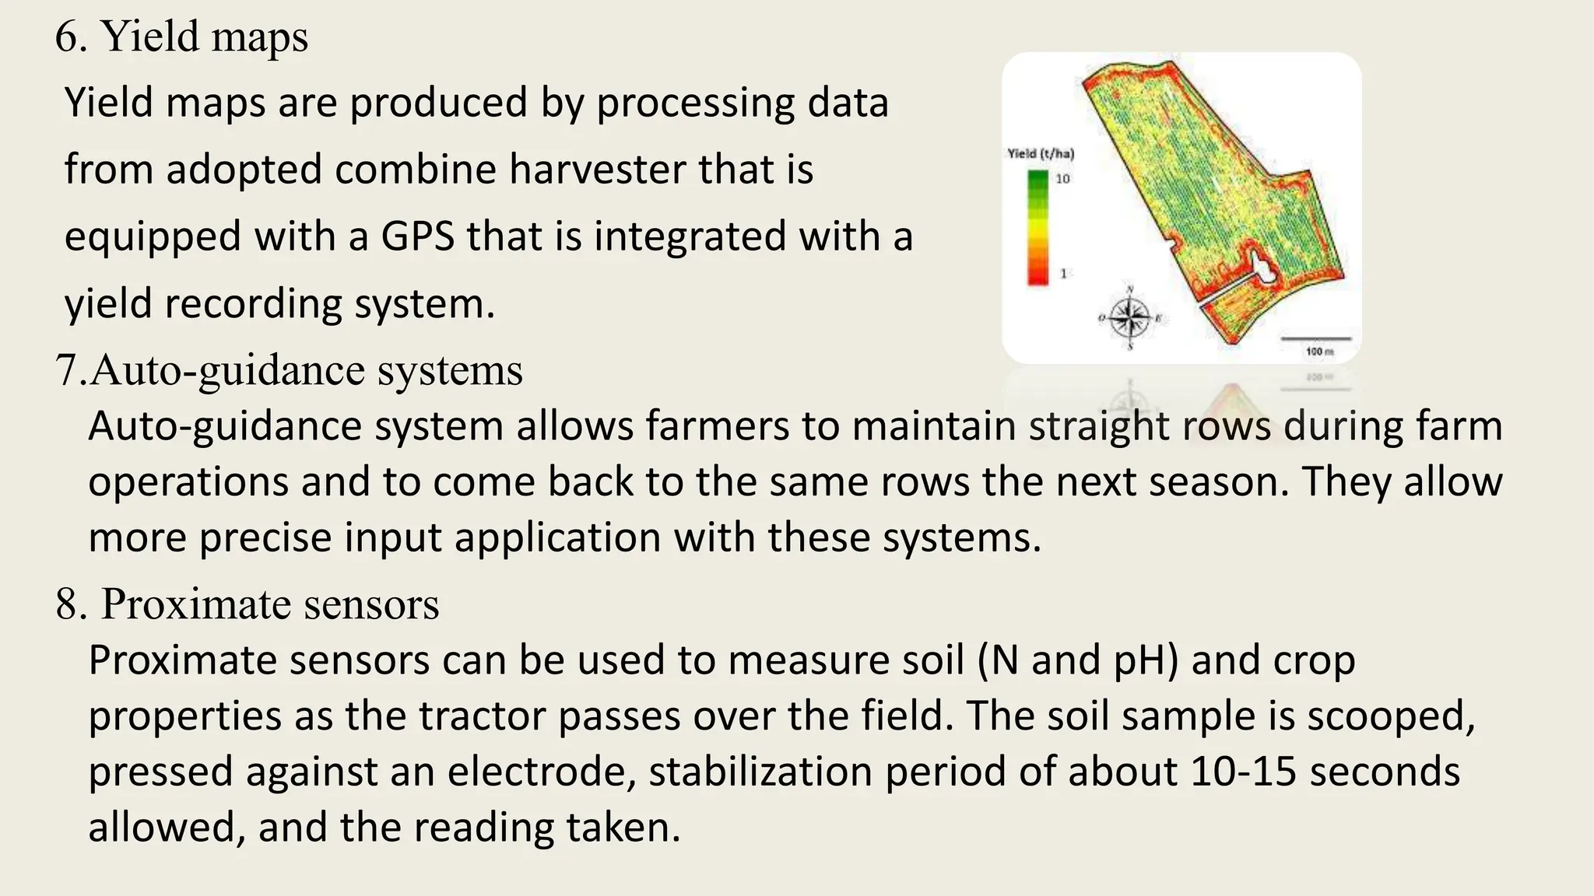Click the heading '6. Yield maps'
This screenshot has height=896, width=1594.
coord(181,37)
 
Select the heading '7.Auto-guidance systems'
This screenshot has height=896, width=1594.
coord(289,370)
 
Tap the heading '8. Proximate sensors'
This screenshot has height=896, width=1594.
coord(247,604)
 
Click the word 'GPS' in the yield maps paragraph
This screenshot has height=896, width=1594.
coord(417,236)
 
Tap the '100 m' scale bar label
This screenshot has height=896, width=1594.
coord(1319,352)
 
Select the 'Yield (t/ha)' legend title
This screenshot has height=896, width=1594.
coord(1041,154)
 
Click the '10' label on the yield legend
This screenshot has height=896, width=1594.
coord(1062,179)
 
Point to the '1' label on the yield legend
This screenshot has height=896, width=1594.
coord(1063,274)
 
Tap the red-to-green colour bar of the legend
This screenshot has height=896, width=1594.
coord(1038,227)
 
